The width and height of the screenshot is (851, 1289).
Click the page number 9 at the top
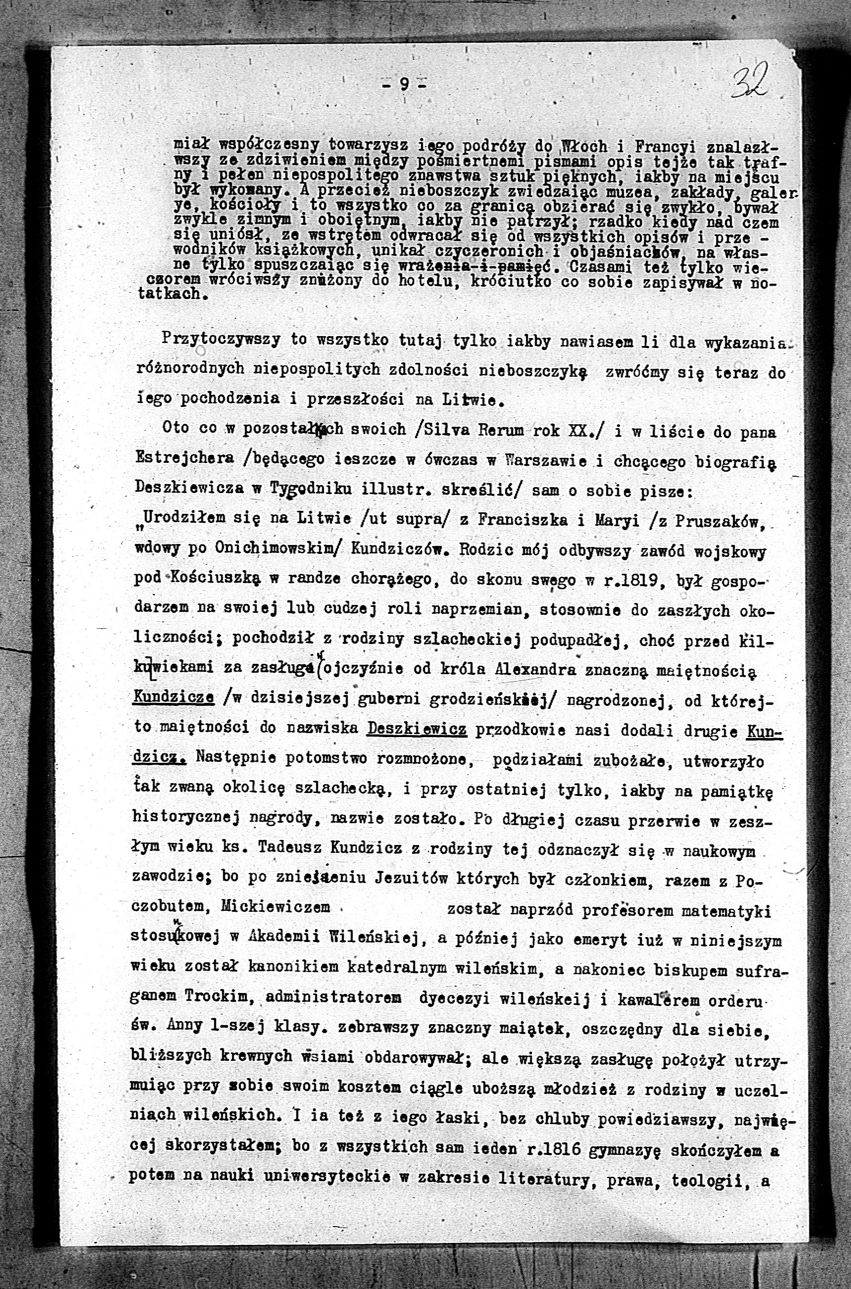(404, 84)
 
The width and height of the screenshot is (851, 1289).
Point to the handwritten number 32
(752, 80)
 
